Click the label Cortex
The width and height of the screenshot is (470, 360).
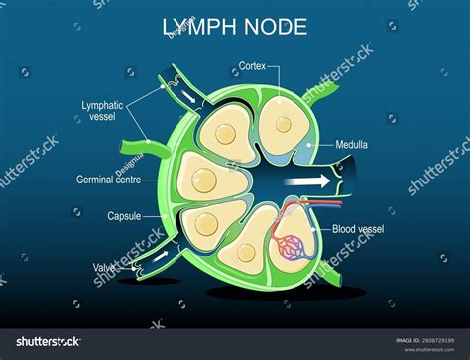point(252,67)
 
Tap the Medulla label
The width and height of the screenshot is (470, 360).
point(351,145)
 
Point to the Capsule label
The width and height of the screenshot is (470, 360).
point(125,215)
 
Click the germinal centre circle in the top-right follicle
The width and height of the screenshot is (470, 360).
point(284,124)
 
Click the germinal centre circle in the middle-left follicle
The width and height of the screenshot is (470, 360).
point(203,180)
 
